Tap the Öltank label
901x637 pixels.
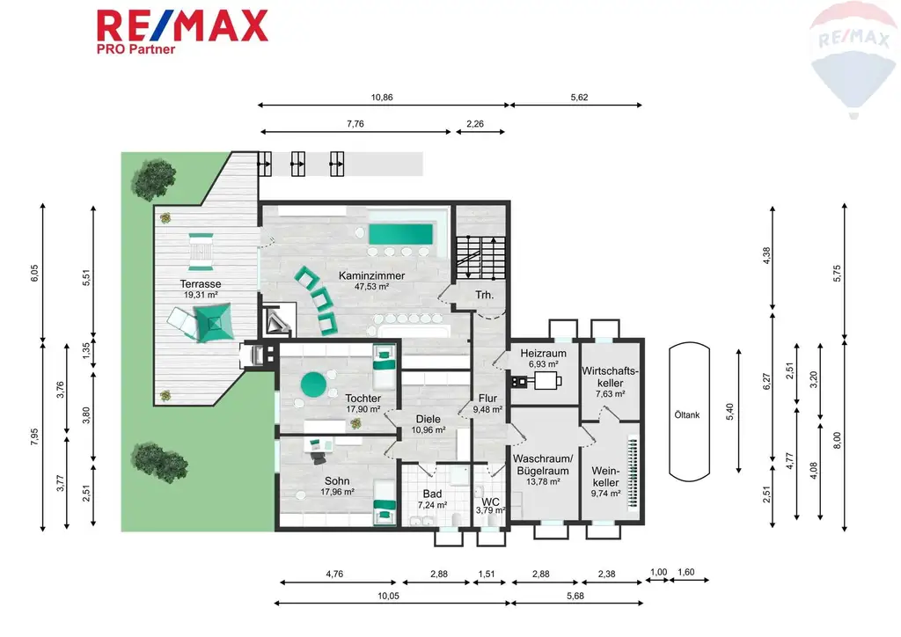click(x=688, y=415)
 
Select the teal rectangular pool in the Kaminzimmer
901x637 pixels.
click(x=400, y=234)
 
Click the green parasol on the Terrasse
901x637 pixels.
click(x=214, y=324)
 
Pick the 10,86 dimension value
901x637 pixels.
click(x=381, y=98)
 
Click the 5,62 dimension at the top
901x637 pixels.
click(x=578, y=98)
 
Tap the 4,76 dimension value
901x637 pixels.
click(x=334, y=574)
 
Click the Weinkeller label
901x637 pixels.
click(x=604, y=476)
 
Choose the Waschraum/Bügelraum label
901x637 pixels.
click(x=543, y=465)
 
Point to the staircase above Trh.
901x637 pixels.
click(x=480, y=255)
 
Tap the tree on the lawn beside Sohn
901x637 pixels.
click(x=147, y=458)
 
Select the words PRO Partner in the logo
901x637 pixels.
click(x=136, y=50)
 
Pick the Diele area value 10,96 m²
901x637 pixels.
click(x=428, y=430)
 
